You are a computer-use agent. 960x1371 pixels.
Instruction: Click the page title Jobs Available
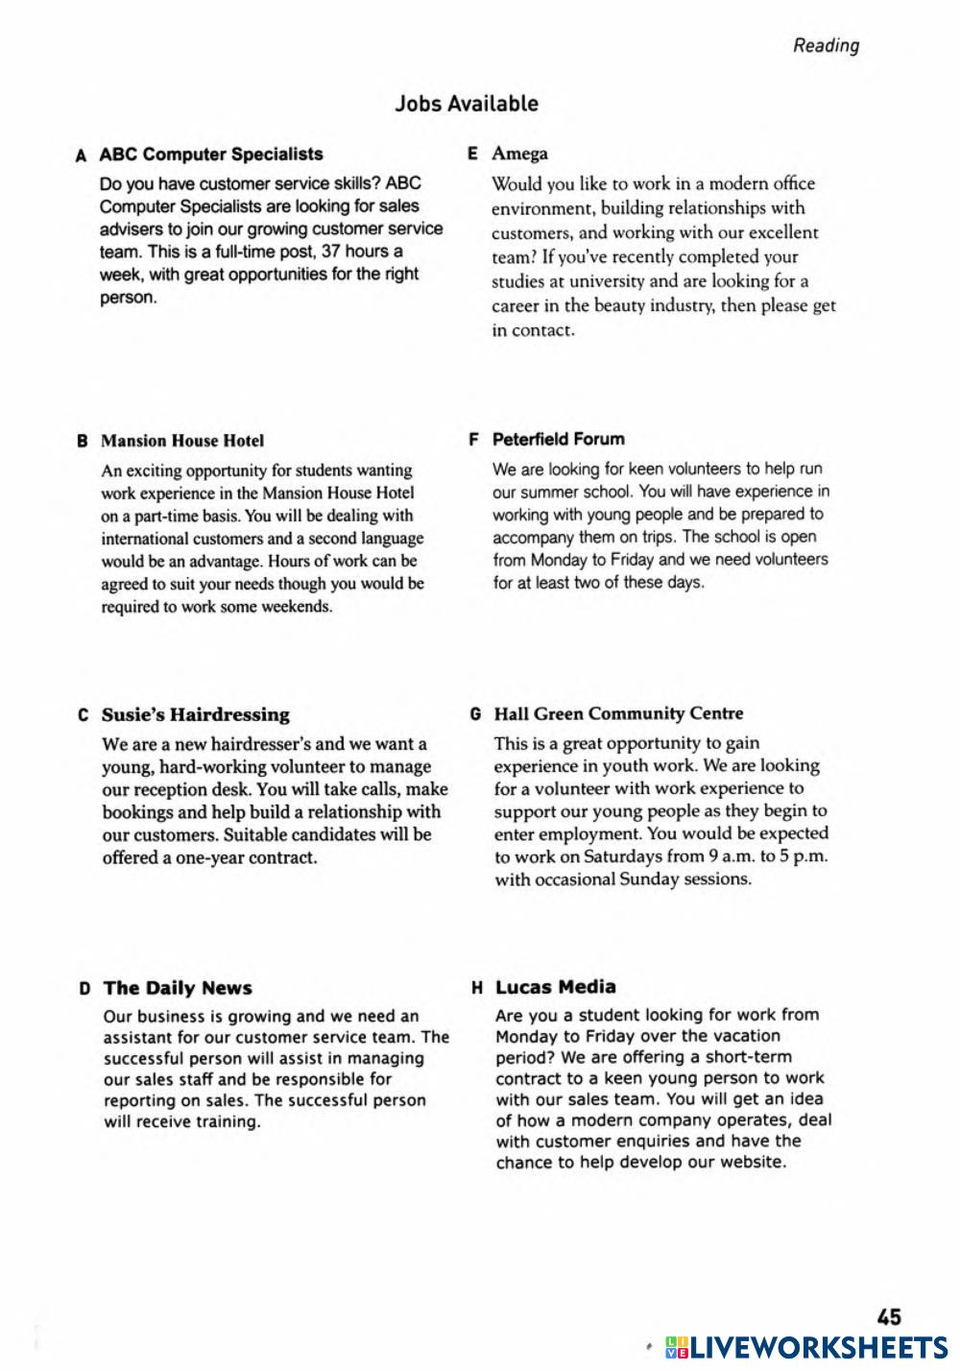pos(467,104)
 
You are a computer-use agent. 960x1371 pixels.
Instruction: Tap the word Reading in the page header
pos(826,45)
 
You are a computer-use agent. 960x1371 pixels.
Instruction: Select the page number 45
pos(889,1317)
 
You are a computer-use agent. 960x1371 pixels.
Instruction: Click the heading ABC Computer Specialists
pos(211,154)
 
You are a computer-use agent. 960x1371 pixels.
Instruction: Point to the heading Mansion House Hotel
pos(182,441)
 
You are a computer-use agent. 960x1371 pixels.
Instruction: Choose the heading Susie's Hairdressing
pos(196,714)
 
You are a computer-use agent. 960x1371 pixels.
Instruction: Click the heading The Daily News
pos(178,988)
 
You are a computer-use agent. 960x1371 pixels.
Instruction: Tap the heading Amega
pos(520,154)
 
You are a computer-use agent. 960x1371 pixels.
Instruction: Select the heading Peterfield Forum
pos(558,439)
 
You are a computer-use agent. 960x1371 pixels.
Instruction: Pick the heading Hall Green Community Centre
pos(618,713)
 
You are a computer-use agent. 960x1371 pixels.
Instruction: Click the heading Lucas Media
pos(556,987)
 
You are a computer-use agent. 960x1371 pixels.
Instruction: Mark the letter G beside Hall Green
pos(475,714)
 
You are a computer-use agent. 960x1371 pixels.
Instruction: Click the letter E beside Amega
pos(472,154)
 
